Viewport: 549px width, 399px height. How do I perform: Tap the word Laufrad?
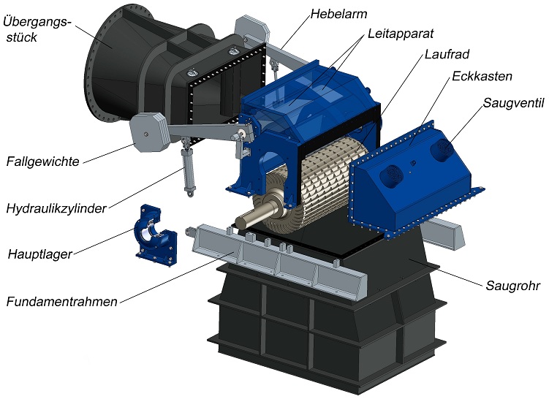coord(447,55)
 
